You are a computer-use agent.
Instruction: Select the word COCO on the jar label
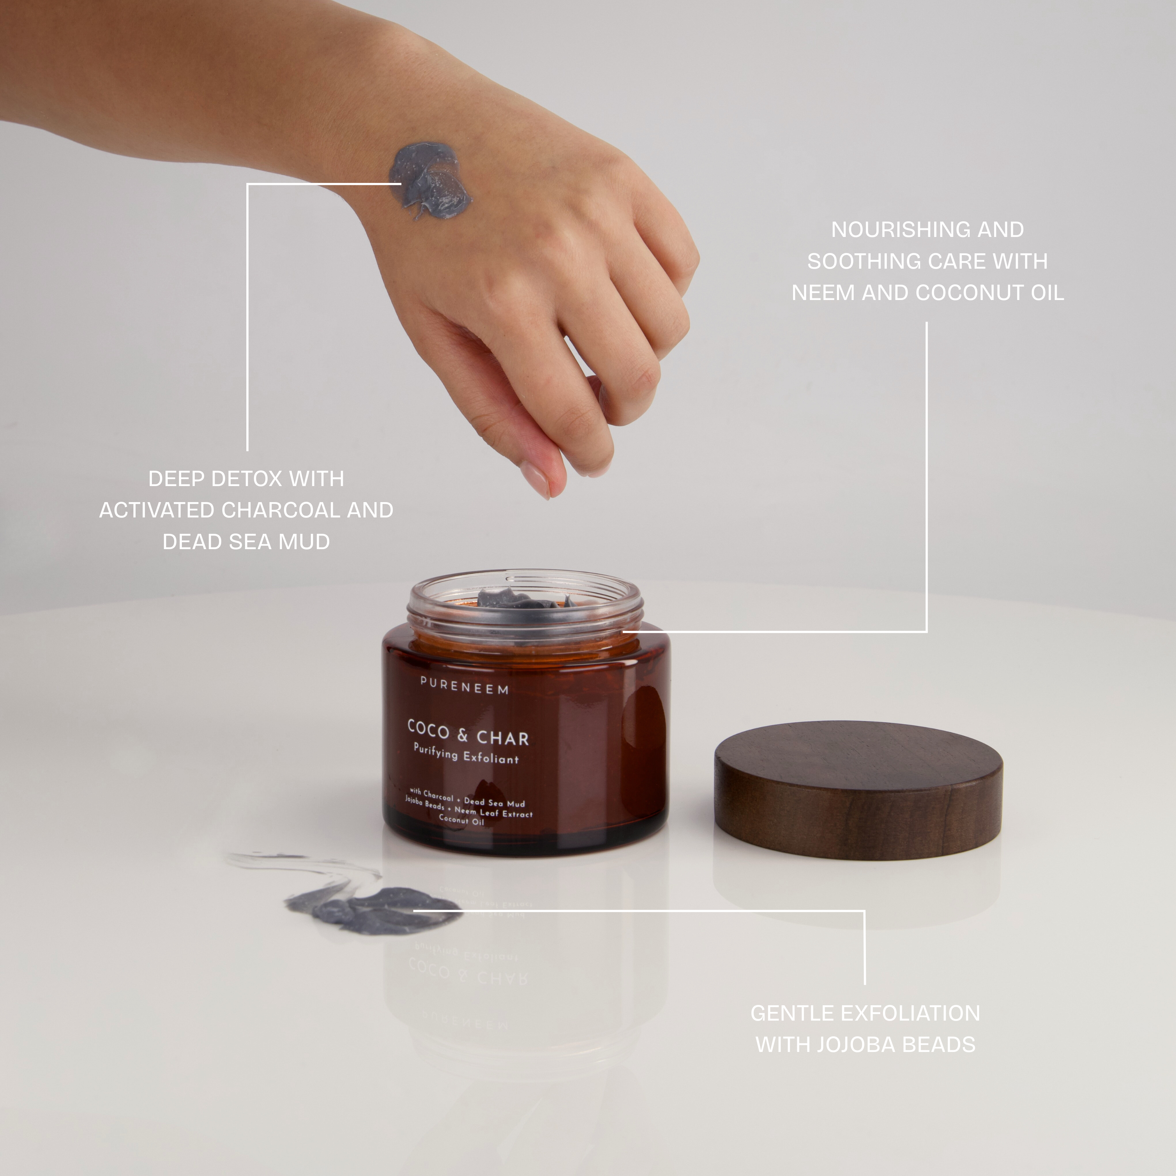point(429,728)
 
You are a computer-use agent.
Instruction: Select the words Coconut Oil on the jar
point(461,821)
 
